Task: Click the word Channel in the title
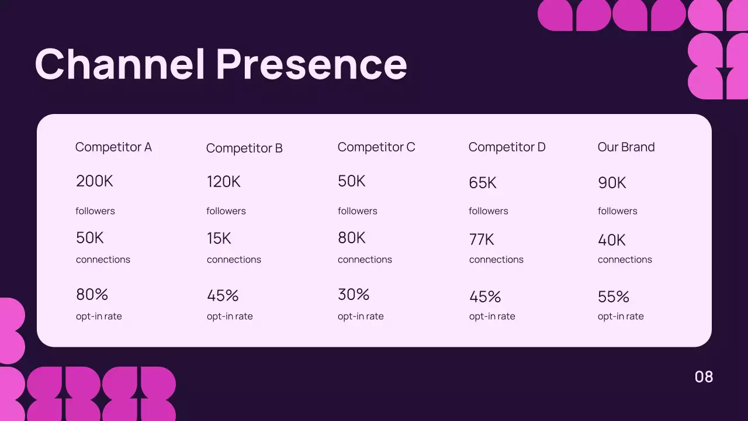(x=120, y=64)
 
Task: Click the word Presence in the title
(x=311, y=64)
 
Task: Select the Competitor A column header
(x=113, y=147)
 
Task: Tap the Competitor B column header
(x=244, y=149)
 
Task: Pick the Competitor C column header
(x=376, y=147)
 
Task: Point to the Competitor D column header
(x=507, y=147)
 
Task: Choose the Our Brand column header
(x=626, y=147)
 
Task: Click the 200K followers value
(x=95, y=181)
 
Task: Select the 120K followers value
(x=224, y=182)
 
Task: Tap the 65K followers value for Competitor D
(x=483, y=183)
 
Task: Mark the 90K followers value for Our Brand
(x=612, y=183)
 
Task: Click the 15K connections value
(x=219, y=239)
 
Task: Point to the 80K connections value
(x=352, y=238)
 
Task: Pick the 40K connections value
(x=612, y=240)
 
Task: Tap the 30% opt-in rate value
(x=354, y=295)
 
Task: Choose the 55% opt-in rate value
(x=614, y=297)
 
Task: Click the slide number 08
(x=704, y=377)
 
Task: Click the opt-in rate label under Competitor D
(x=492, y=316)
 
